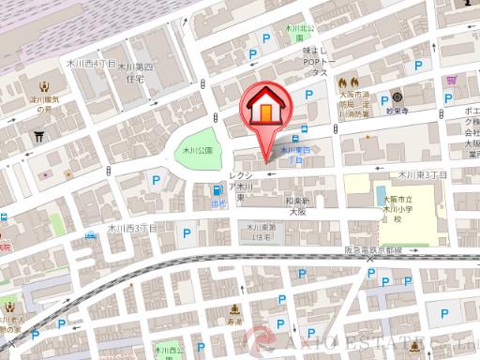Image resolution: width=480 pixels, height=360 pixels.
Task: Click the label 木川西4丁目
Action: (x=91, y=64)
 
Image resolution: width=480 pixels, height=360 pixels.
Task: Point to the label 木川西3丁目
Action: (x=132, y=228)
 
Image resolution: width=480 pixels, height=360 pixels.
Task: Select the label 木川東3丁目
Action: (x=421, y=175)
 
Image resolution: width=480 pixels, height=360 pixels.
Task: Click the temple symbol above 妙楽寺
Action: (x=397, y=97)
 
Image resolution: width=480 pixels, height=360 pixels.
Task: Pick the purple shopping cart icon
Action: (x=452, y=81)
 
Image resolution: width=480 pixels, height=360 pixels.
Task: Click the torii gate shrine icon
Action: (x=38, y=137)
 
